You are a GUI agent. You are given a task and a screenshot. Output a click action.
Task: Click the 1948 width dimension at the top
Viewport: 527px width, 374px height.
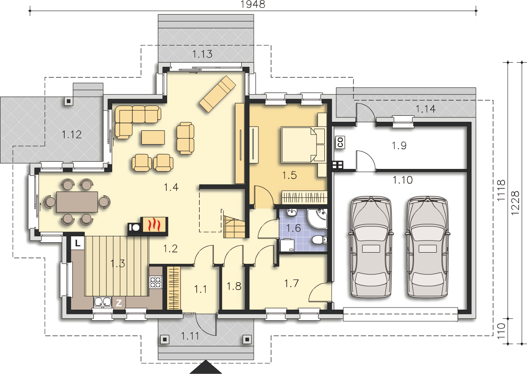253,4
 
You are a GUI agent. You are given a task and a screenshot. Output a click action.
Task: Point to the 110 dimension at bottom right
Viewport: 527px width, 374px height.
501,331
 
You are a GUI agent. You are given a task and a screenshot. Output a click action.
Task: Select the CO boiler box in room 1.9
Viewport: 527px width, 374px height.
341,142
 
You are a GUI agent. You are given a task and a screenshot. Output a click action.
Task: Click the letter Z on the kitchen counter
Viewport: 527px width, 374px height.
119,303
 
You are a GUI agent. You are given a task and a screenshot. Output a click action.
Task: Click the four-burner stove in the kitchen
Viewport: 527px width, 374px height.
156,282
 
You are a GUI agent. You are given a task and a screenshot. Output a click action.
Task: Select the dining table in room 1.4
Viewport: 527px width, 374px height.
77,202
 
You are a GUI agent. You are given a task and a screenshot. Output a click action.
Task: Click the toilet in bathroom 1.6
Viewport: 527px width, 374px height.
319,240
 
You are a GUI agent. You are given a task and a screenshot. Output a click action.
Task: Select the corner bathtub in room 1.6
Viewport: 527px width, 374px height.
317,219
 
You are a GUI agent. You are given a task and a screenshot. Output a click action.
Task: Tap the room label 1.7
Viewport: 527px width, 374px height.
291,284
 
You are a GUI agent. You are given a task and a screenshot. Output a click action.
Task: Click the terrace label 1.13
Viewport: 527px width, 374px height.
202,54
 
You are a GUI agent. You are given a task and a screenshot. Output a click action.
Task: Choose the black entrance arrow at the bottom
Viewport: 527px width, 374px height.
206,367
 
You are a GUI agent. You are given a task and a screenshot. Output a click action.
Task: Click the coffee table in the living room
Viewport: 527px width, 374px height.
153,137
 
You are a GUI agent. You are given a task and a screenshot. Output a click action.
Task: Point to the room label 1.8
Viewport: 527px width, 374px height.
234,286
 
